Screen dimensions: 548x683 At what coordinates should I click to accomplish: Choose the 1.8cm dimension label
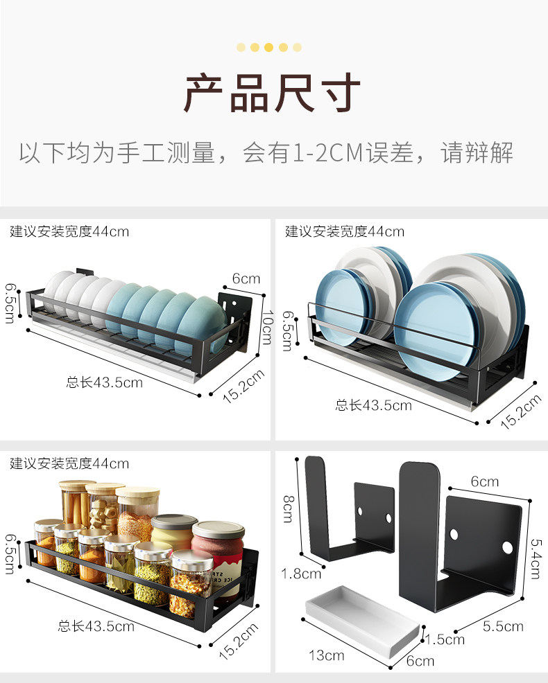tap(302, 573)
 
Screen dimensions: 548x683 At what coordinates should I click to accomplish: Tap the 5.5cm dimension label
tap(503, 626)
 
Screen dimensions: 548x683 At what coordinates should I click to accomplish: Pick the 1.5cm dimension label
tap(445, 639)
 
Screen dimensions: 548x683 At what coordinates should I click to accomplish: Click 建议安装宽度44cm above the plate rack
tap(344, 231)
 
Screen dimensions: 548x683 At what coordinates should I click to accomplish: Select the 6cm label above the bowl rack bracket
tap(246, 278)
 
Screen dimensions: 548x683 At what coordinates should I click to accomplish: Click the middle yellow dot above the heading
tap(268, 47)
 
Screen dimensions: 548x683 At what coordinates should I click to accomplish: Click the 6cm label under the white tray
tap(420, 660)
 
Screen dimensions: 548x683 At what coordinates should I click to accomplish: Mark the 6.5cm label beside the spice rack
tap(10, 553)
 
